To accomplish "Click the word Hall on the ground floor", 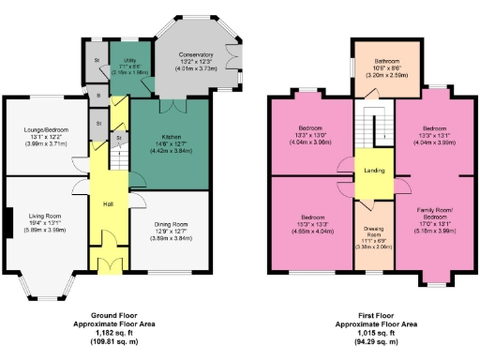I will click(x=108, y=203).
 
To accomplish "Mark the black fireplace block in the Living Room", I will click(x=7, y=225).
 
